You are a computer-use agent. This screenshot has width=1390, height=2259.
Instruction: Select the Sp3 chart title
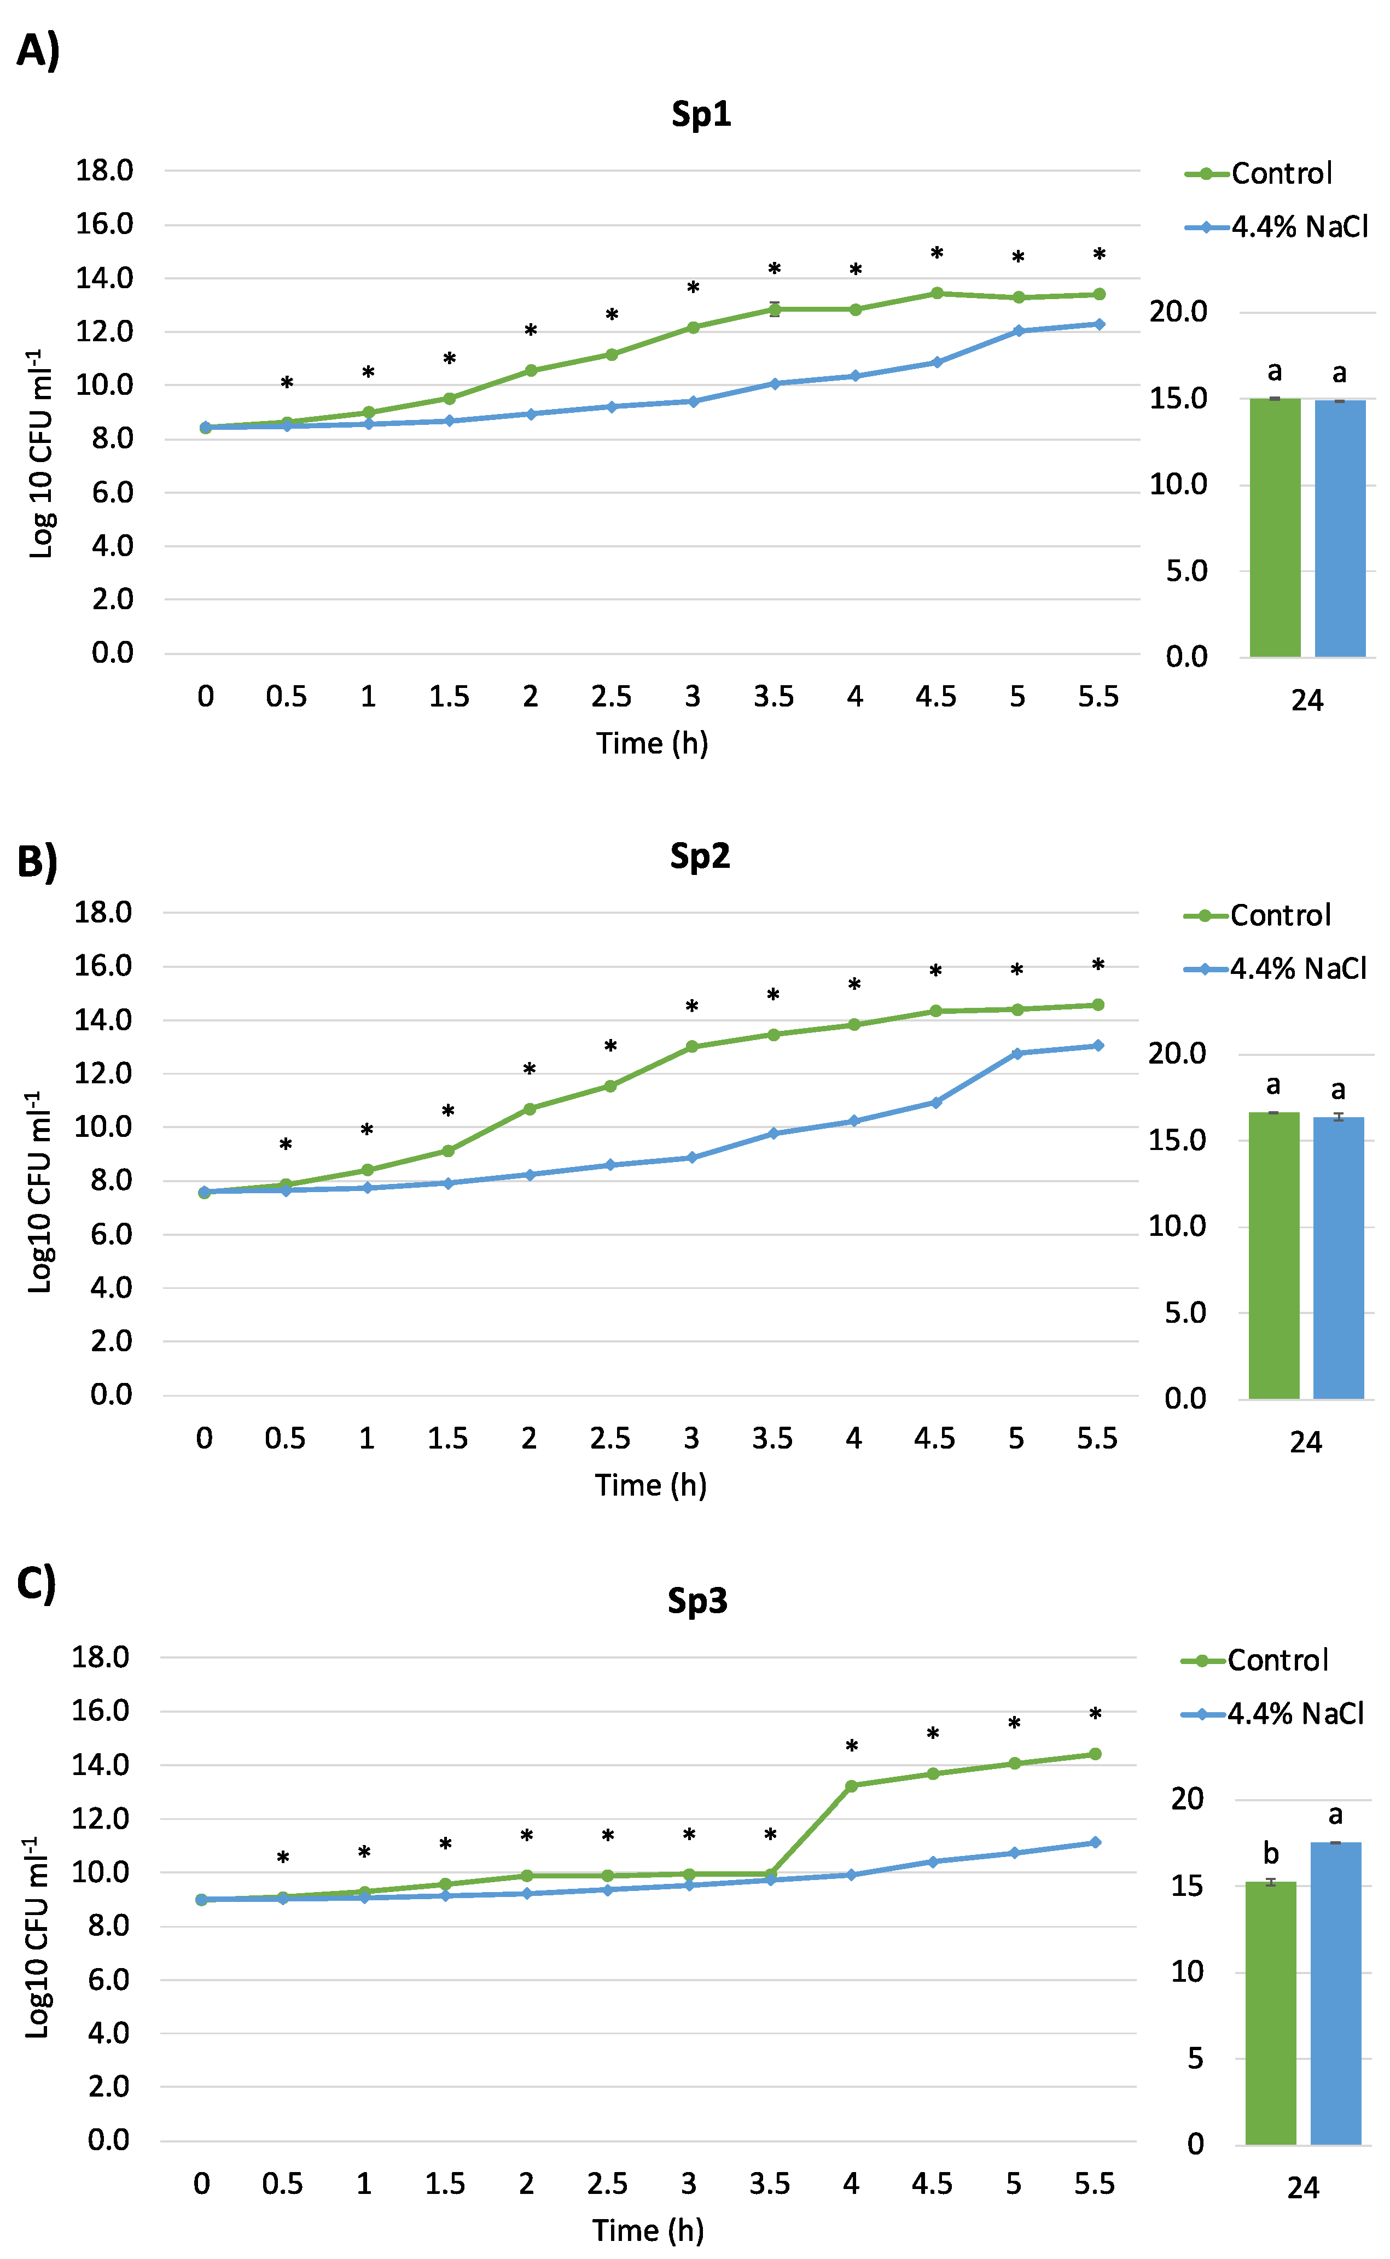tap(698, 1601)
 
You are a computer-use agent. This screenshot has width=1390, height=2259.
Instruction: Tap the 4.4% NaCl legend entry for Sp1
tap(1277, 227)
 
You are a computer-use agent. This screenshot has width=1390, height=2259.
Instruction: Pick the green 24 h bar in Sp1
tap(1275, 528)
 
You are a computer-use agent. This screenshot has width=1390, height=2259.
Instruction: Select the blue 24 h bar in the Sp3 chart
tap(1336, 1993)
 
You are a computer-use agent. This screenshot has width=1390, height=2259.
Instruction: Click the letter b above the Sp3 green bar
tap(1271, 1853)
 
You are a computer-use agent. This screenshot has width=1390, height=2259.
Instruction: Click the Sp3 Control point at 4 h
tap(851, 1785)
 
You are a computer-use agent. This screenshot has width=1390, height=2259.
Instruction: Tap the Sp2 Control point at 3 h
tap(692, 1047)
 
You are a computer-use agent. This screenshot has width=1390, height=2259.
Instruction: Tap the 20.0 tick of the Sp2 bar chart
tap(1178, 1053)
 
